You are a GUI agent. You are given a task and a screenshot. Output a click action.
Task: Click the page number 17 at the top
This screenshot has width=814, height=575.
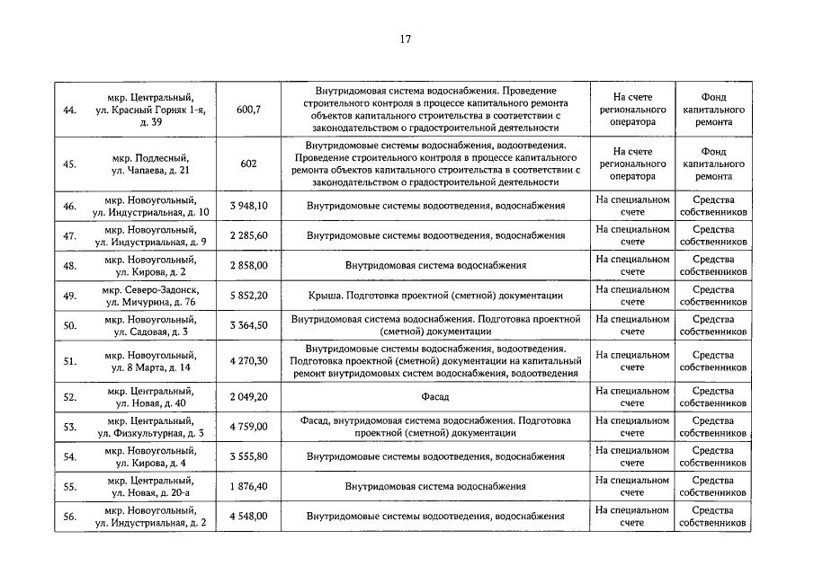click(406, 39)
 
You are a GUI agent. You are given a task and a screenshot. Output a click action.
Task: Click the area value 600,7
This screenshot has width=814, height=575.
click(248, 110)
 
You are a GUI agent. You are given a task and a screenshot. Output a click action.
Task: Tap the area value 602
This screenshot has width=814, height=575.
click(248, 164)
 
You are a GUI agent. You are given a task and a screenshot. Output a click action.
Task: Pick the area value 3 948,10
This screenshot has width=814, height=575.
click(248, 206)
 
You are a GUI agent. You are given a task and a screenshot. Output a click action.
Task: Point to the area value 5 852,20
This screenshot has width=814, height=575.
click(248, 296)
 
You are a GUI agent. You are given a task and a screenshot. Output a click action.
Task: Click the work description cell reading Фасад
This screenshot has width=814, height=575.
click(435, 396)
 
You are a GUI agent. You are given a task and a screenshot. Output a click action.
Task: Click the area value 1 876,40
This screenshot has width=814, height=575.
click(248, 486)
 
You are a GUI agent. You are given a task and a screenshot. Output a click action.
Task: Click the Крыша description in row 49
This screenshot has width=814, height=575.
click(435, 296)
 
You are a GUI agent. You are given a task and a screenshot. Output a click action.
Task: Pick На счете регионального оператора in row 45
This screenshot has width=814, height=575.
click(632, 164)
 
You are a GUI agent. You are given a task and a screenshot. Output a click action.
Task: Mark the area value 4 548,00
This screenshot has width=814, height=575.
click(248, 517)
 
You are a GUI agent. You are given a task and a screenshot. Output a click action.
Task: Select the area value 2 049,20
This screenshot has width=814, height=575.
click(248, 396)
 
